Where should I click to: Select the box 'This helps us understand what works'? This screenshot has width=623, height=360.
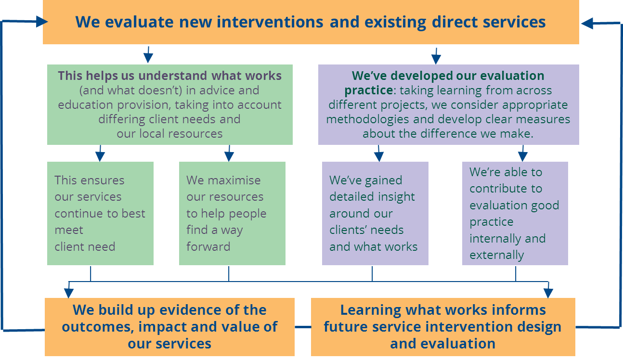click(169, 104)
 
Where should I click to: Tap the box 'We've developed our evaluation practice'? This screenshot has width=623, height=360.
click(448, 104)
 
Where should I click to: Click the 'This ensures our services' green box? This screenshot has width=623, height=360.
click(100, 213)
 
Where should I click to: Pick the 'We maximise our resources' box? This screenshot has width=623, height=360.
click(232, 213)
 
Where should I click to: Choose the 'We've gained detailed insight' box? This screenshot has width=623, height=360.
click(375, 213)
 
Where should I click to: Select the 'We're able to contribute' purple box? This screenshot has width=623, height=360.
click(515, 213)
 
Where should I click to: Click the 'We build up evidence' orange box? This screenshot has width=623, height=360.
click(169, 327)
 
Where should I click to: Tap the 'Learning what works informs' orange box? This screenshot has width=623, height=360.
click(442, 327)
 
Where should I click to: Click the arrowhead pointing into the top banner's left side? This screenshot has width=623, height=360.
click(41, 22)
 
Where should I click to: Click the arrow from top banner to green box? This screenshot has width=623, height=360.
click(148, 55)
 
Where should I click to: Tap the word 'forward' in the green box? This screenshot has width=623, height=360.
click(208, 247)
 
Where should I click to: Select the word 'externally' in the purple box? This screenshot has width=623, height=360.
click(496, 255)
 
